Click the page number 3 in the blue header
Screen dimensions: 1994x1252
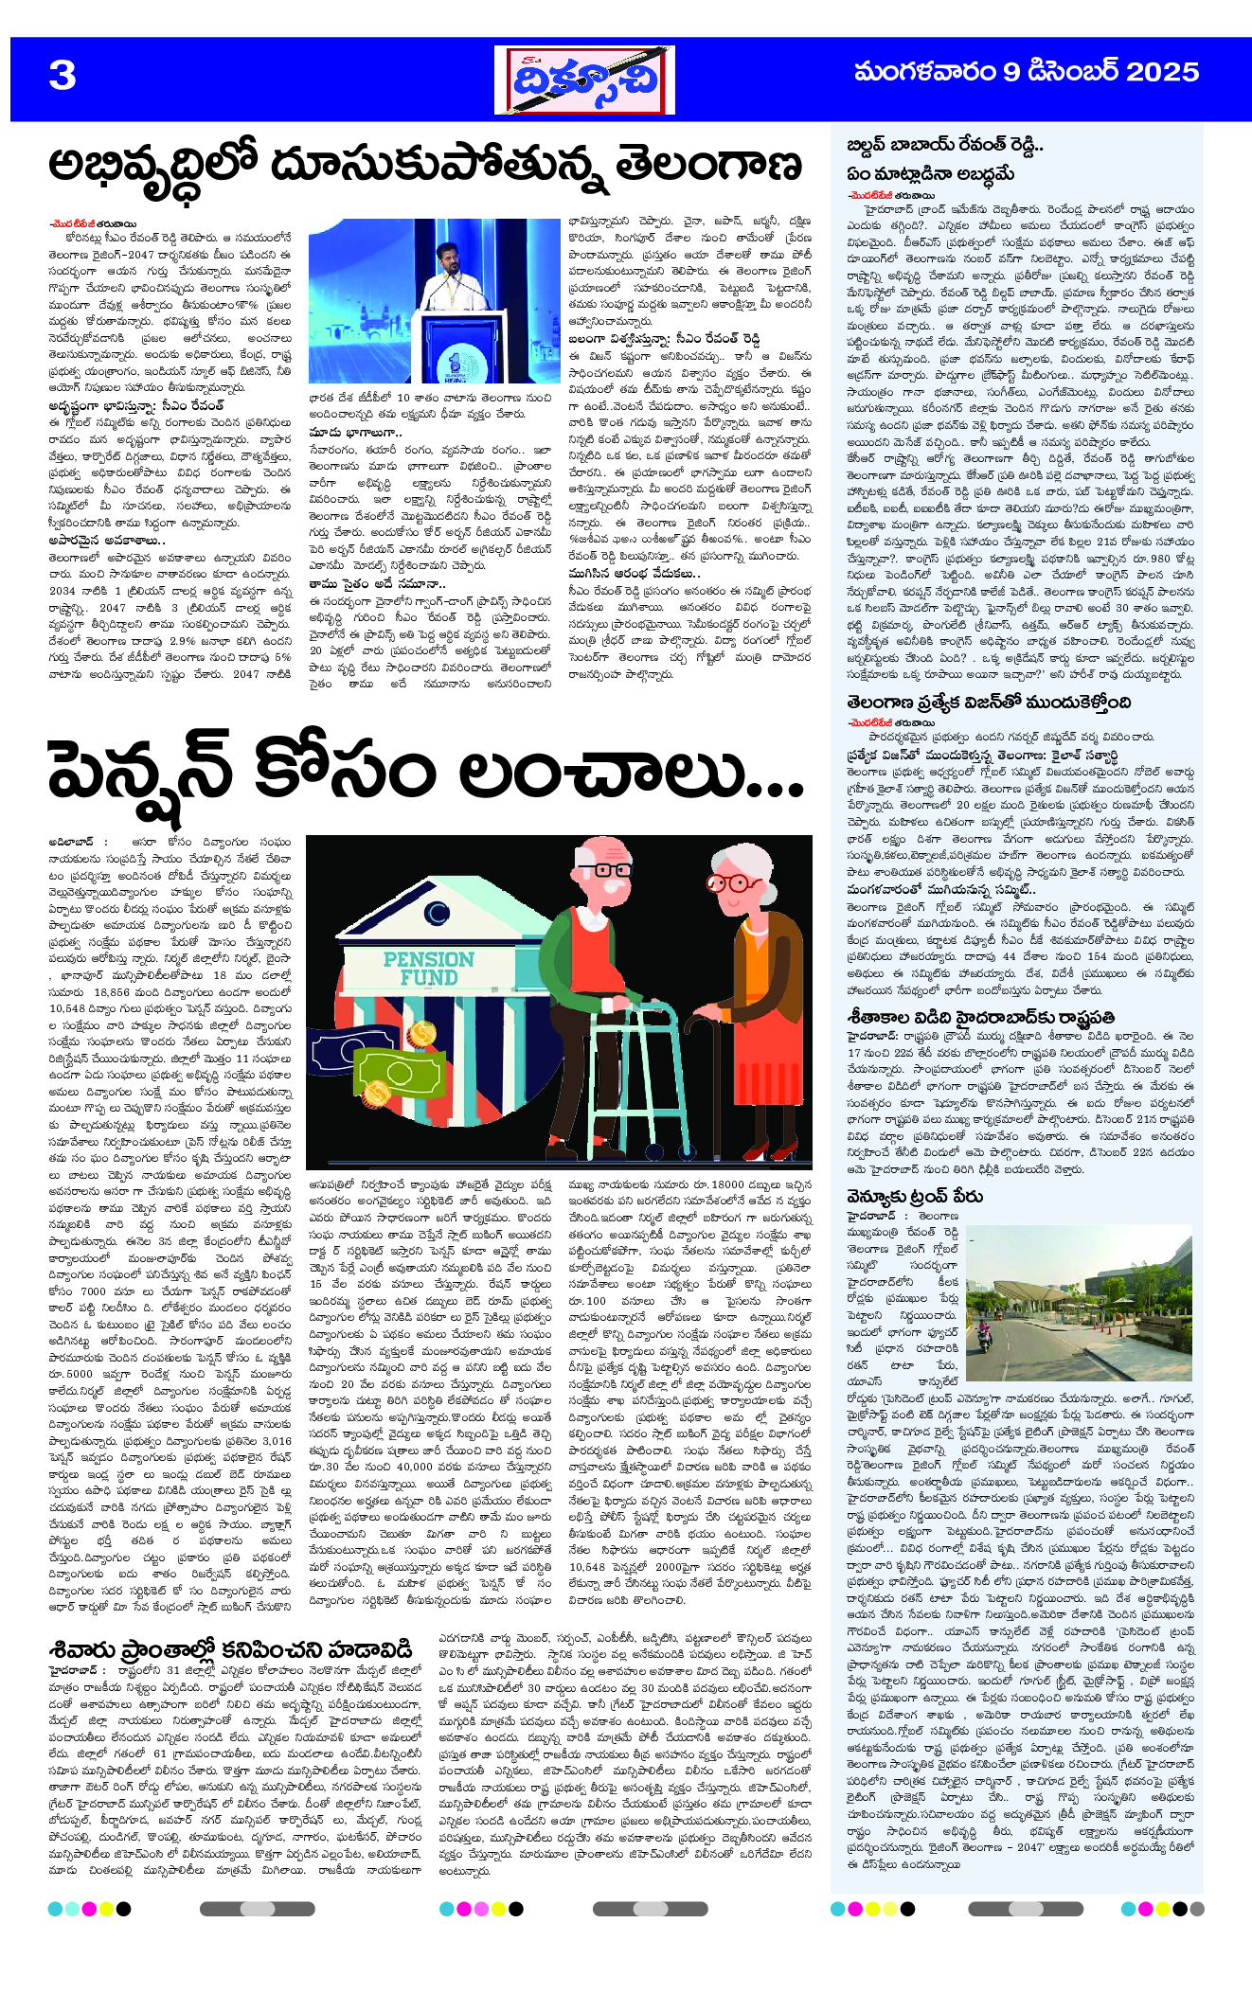tap(63, 75)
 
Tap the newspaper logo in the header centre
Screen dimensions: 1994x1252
tap(583, 80)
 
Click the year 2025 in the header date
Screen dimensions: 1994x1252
tap(1163, 72)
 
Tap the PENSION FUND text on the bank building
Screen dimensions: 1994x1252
tap(428, 969)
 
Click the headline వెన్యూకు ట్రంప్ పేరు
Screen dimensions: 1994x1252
tap(914, 1197)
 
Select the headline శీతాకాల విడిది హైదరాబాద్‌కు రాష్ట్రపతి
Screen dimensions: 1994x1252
tap(981, 1018)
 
